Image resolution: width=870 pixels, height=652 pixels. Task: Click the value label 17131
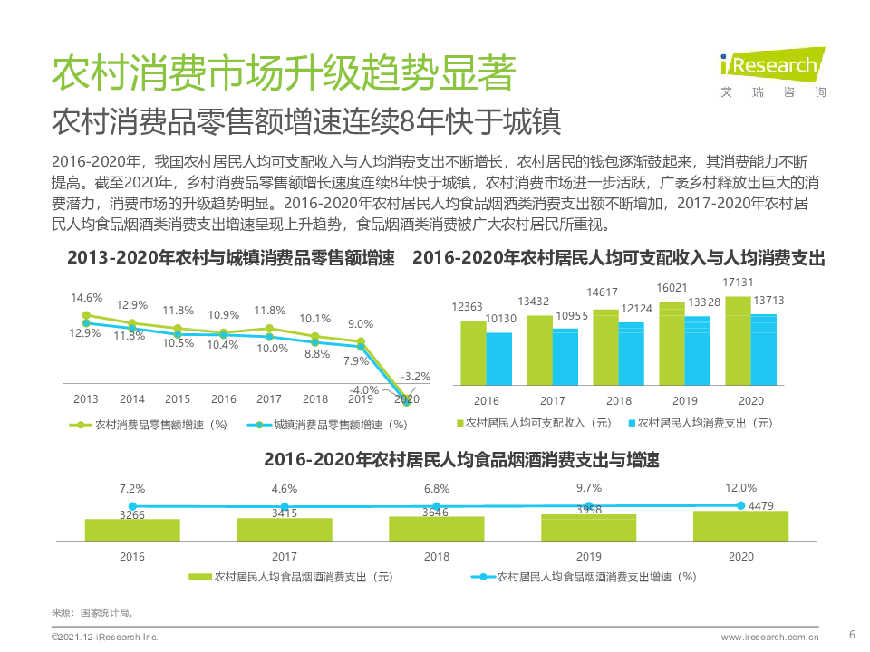[739, 284]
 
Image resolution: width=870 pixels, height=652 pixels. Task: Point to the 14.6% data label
[87, 298]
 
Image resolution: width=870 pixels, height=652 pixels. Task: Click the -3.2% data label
[416, 376]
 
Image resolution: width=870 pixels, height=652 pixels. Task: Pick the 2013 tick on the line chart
[86, 399]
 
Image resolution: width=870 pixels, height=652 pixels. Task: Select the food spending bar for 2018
[437, 530]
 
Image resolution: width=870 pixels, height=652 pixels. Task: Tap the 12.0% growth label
[740, 487]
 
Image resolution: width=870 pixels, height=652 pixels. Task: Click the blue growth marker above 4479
[740, 505]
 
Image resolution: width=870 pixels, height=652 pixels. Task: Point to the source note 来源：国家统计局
[81, 612]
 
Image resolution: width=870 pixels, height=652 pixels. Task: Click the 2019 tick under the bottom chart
[588, 557]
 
